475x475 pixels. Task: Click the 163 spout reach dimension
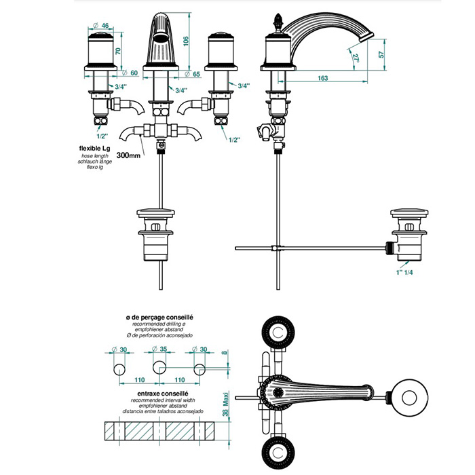[322, 79]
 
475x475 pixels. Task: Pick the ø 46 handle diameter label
[104, 26]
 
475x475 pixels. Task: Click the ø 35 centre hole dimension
[160, 349]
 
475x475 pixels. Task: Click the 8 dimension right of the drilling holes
[226, 354]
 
